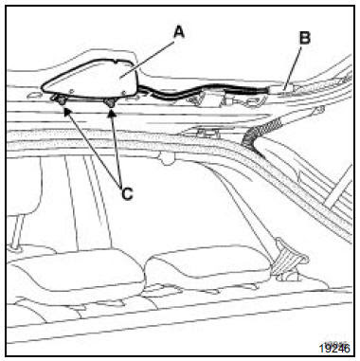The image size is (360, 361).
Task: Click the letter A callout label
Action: (x=179, y=32)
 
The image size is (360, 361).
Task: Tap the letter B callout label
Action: (x=305, y=38)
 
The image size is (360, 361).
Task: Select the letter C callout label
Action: (x=127, y=194)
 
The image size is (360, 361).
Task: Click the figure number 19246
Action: (x=334, y=348)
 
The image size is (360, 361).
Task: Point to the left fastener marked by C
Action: (x=61, y=100)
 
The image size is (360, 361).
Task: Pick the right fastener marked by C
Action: (x=110, y=101)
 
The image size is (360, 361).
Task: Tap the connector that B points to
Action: (x=281, y=91)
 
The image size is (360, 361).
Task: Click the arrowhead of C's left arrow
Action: (x=67, y=112)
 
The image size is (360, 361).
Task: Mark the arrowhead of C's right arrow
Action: (x=111, y=113)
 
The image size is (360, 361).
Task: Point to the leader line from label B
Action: (x=293, y=67)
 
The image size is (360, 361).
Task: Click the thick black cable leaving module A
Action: (x=202, y=90)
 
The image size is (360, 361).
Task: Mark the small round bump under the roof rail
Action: (x=166, y=158)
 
